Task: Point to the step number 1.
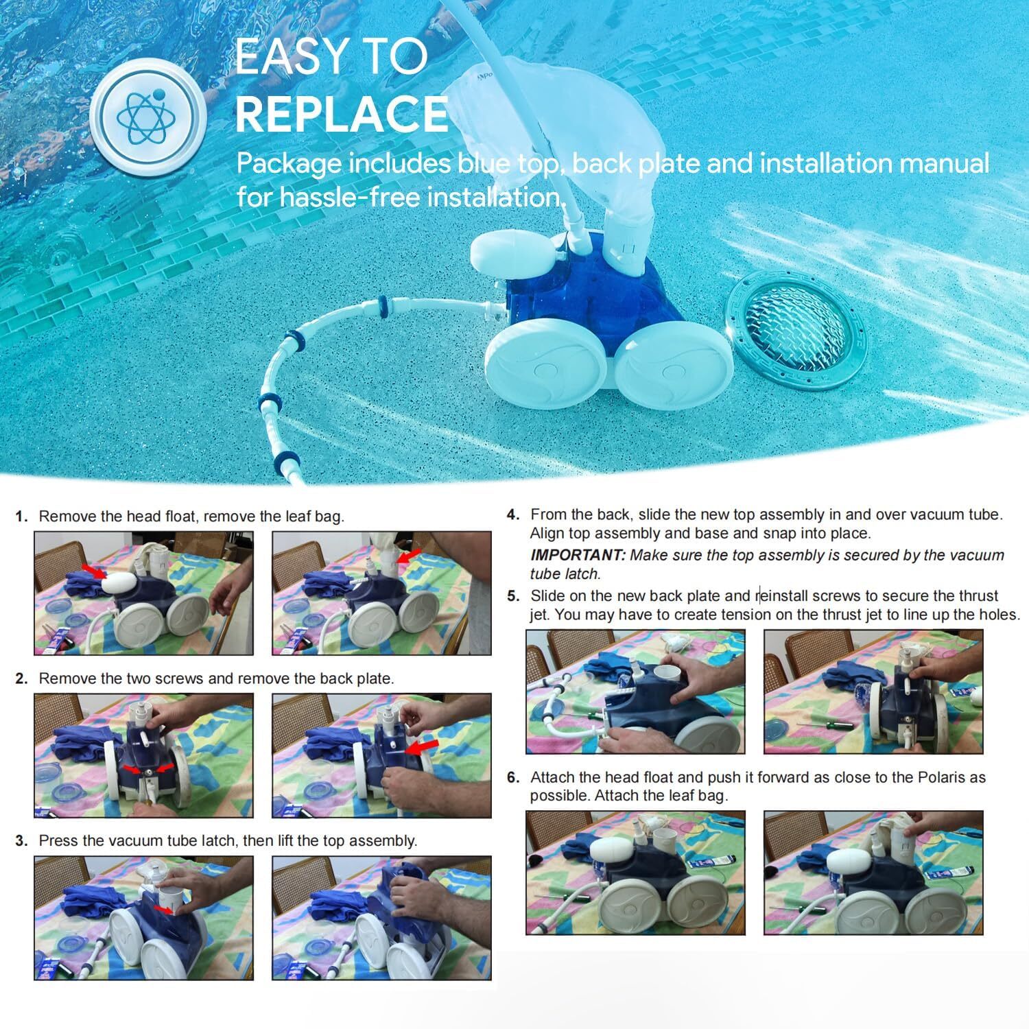[22, 517]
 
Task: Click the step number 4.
[513, 514]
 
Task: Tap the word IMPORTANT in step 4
[578, 555]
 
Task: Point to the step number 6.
[513, 777]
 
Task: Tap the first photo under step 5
[635, 691]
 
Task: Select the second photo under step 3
[381, 917]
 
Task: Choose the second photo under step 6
[873, 873]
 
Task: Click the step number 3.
[22, 840]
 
